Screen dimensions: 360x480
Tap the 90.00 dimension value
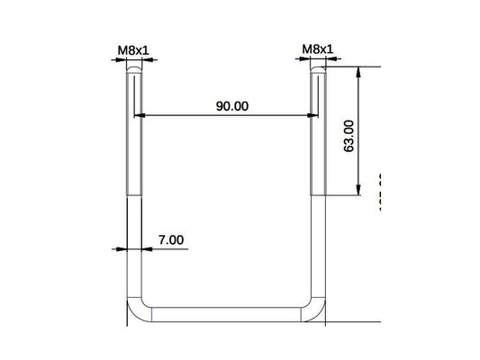pyautogui.click(x=231, y=105)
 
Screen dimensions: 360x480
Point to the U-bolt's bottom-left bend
pyautogui.click(x=134, y=311)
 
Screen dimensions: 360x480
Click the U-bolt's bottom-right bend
pyautogui.click(x=316, y=311)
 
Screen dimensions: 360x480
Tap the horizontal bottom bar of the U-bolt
pyautogui.click(x=225, y=315)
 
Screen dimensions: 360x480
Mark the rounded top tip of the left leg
pyautogui.click(x=133, y=67)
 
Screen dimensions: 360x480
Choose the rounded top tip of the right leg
pyautogui.click(x=317, y=67)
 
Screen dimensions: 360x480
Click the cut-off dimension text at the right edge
pyautogui.click(x=382, y=189)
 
